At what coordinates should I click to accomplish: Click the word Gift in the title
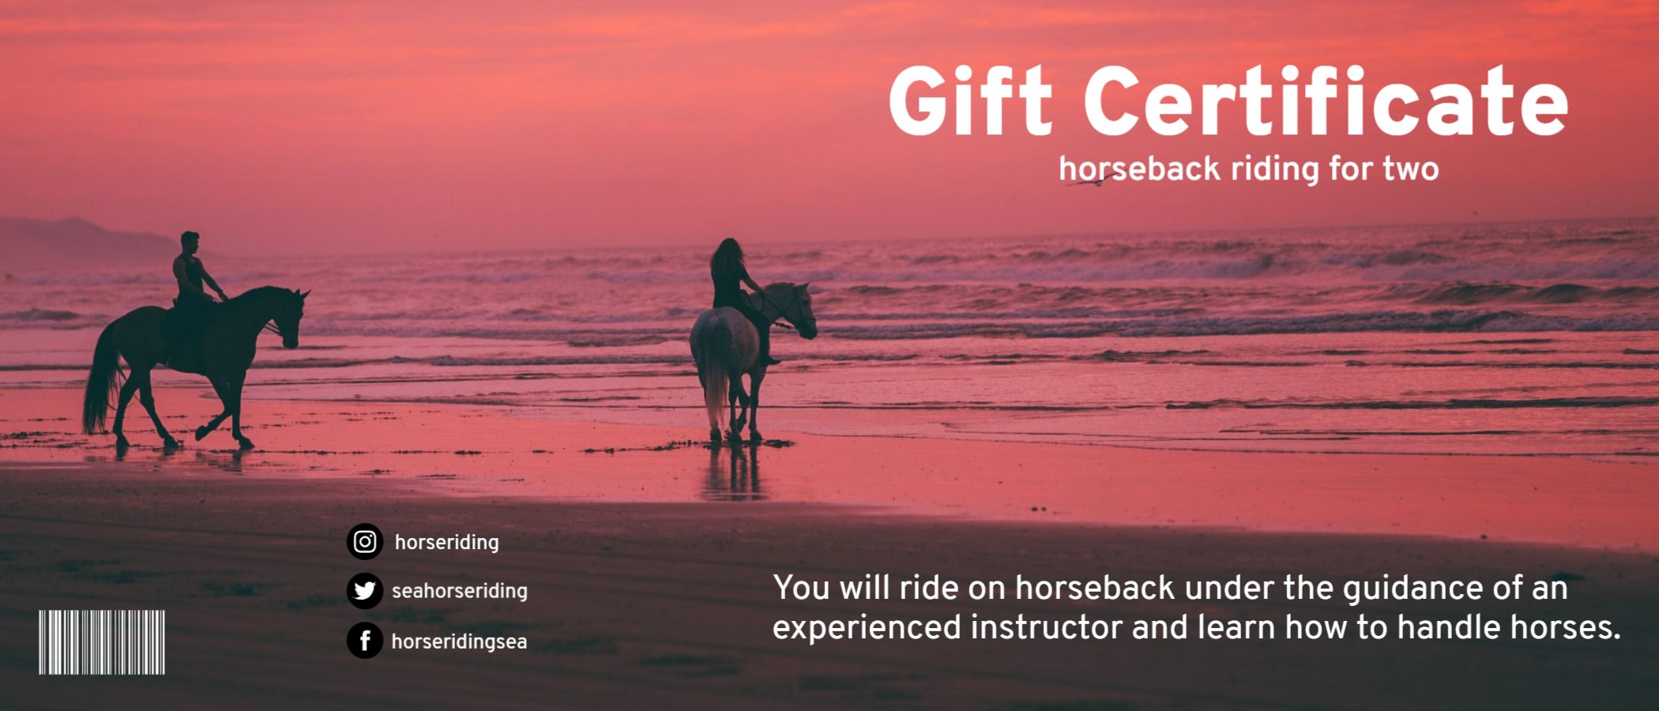click(x=971, y=101)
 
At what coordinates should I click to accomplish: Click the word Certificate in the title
click(x=1326, y=101)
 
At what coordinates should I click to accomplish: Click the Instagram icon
click(x=364, y=542)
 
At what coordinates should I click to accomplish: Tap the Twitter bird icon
click(x=364, y=591)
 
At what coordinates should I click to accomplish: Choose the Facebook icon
click(x=364, y=641)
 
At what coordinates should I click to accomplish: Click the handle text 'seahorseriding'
click(x=460, y=591)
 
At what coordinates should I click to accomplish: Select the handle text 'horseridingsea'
click(x=459, y=641)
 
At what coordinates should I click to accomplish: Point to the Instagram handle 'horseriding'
click(x=446, y=543)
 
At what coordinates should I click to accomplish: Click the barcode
click(x=102, y=641)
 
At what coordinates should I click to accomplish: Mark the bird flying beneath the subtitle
click(x=1090, y=182)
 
